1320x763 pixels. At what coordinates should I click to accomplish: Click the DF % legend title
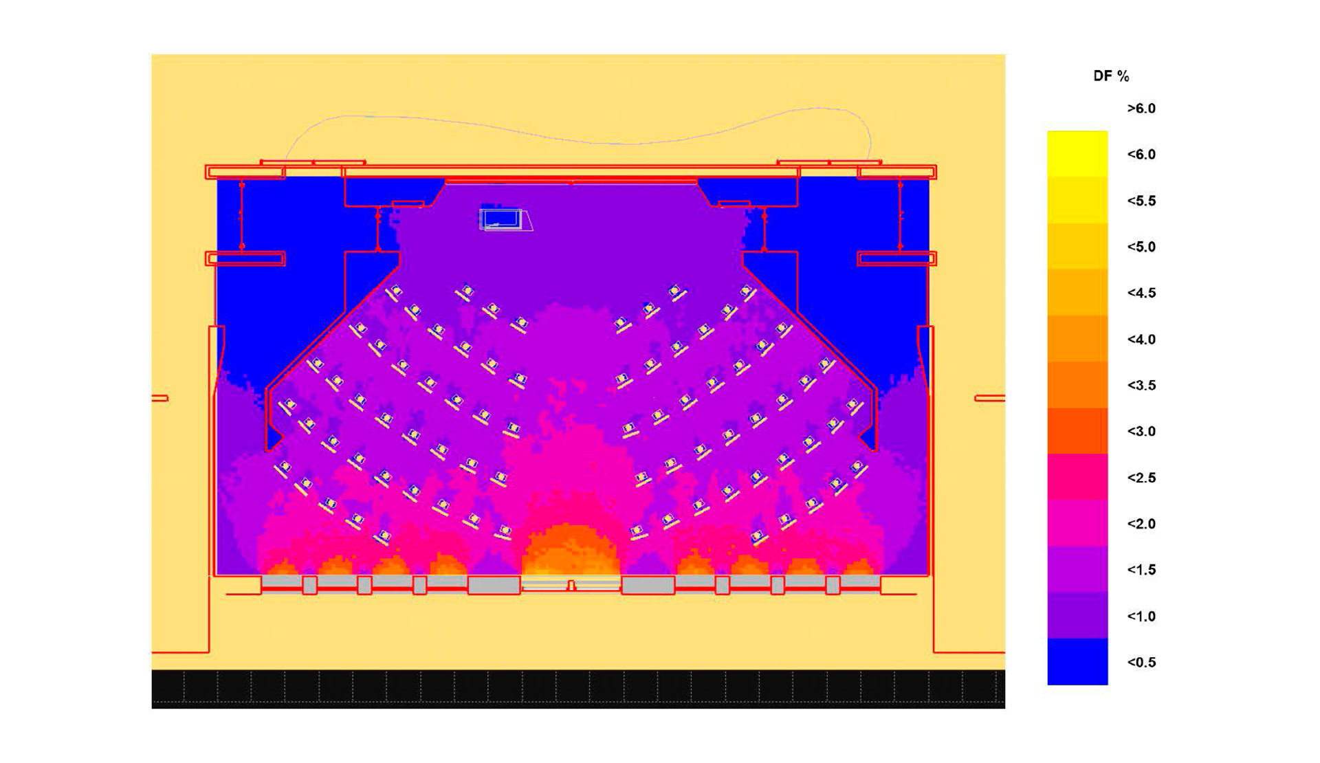[1111, 76]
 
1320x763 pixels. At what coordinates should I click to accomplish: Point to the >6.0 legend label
[1141, 109]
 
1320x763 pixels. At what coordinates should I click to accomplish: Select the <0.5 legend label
[1141, 663]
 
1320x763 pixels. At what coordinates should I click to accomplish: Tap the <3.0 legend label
[1141, 432]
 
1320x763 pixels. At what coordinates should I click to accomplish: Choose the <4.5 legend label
[1141, 294]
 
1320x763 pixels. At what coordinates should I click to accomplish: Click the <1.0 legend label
[1141, 617]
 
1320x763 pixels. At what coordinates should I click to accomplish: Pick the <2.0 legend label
[1141, 524]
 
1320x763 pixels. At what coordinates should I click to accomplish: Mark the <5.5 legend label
[1141, 201]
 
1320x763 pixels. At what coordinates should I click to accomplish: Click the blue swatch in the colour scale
[1077, 661]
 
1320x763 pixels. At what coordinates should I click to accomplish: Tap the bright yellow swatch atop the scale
[1077, 154]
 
